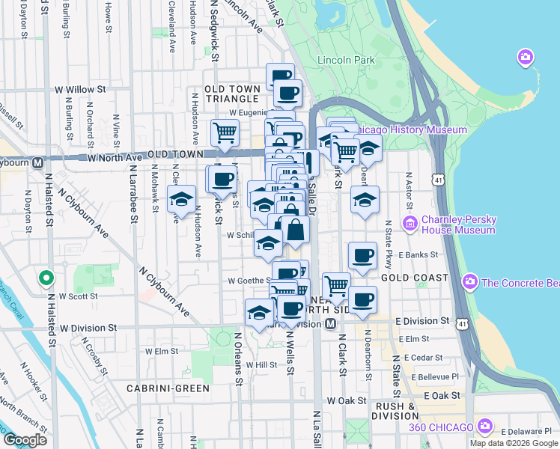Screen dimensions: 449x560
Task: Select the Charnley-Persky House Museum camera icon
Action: click(410, 223)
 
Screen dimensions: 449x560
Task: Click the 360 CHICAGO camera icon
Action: click(484, 427)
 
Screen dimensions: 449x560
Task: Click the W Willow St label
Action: click(80, 89)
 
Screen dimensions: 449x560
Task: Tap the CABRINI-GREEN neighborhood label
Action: click(168, 388)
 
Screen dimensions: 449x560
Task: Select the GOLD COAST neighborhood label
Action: click(414, 278)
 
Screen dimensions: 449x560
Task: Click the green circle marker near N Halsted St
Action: click(46, 278)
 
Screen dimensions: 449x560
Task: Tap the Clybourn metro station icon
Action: click(37, 162)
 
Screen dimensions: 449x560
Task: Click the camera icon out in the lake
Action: click(526, 57)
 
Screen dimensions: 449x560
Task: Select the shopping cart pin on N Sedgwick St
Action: click(225, 133)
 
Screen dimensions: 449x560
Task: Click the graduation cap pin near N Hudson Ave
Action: click(181, 200)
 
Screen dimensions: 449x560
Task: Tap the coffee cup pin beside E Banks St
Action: click(362, 255)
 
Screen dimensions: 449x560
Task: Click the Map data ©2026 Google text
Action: click(514, 443)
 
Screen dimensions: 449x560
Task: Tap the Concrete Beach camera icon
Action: click(469, 281)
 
